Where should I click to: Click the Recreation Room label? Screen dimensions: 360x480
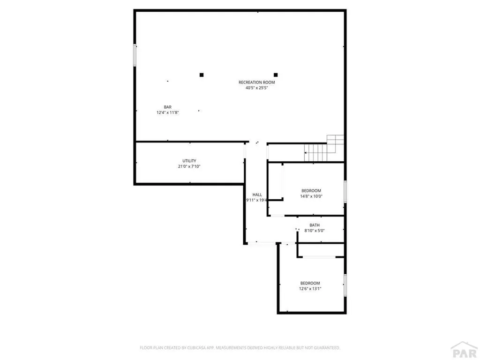[257, 82]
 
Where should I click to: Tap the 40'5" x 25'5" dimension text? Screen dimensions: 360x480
[257, 88]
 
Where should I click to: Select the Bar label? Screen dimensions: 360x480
[167, 107]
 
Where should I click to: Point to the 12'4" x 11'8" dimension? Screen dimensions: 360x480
[168, 112]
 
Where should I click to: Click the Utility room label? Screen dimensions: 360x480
[189, 161]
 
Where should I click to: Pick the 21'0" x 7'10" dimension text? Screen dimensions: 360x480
[189, 166]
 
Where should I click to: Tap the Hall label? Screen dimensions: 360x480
[257, 195]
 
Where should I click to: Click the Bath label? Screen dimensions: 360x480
[315, 225]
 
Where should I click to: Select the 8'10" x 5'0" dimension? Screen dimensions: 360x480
[315, 231]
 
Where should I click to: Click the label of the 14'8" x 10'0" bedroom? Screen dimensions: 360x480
[311, 190]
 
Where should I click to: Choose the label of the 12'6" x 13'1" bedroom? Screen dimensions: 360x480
[310, 283]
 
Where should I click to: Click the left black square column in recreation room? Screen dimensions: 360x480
[202, 75]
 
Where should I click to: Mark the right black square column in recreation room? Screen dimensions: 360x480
[276, 75]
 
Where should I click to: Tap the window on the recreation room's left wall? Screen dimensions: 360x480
[135, 55]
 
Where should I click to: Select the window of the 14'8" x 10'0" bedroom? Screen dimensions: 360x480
[345, 192]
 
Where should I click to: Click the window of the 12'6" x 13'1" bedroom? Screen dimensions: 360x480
[345, 285]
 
